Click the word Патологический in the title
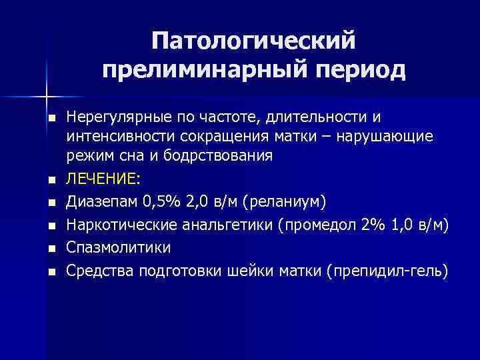(x=253, y=41)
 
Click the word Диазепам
(x=99, y=202)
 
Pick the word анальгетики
(x=225, y=225)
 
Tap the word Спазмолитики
(x=119, y=247)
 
